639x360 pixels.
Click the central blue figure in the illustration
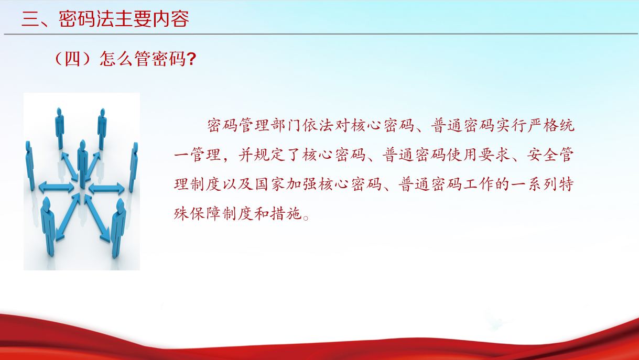(83, 164)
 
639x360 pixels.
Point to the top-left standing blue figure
(59, 128)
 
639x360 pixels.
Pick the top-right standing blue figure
(102, 129)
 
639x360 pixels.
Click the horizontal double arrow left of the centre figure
(56, 188)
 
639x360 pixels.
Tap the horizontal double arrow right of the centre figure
(106, 189)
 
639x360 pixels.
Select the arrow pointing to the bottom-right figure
(97, 219)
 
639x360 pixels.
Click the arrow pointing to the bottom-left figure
(68, 217)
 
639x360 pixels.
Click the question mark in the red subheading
(192, 59)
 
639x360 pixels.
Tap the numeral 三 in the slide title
(30, 19)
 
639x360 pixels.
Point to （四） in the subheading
(72, 59)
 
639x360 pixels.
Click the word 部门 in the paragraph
(286, 125)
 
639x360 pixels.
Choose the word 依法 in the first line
(318, 125)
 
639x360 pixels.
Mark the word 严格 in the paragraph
(543, 125)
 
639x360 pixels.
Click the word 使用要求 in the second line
(479, 155)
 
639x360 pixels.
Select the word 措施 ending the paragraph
(286, 213)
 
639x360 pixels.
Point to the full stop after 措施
(306, 218)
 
